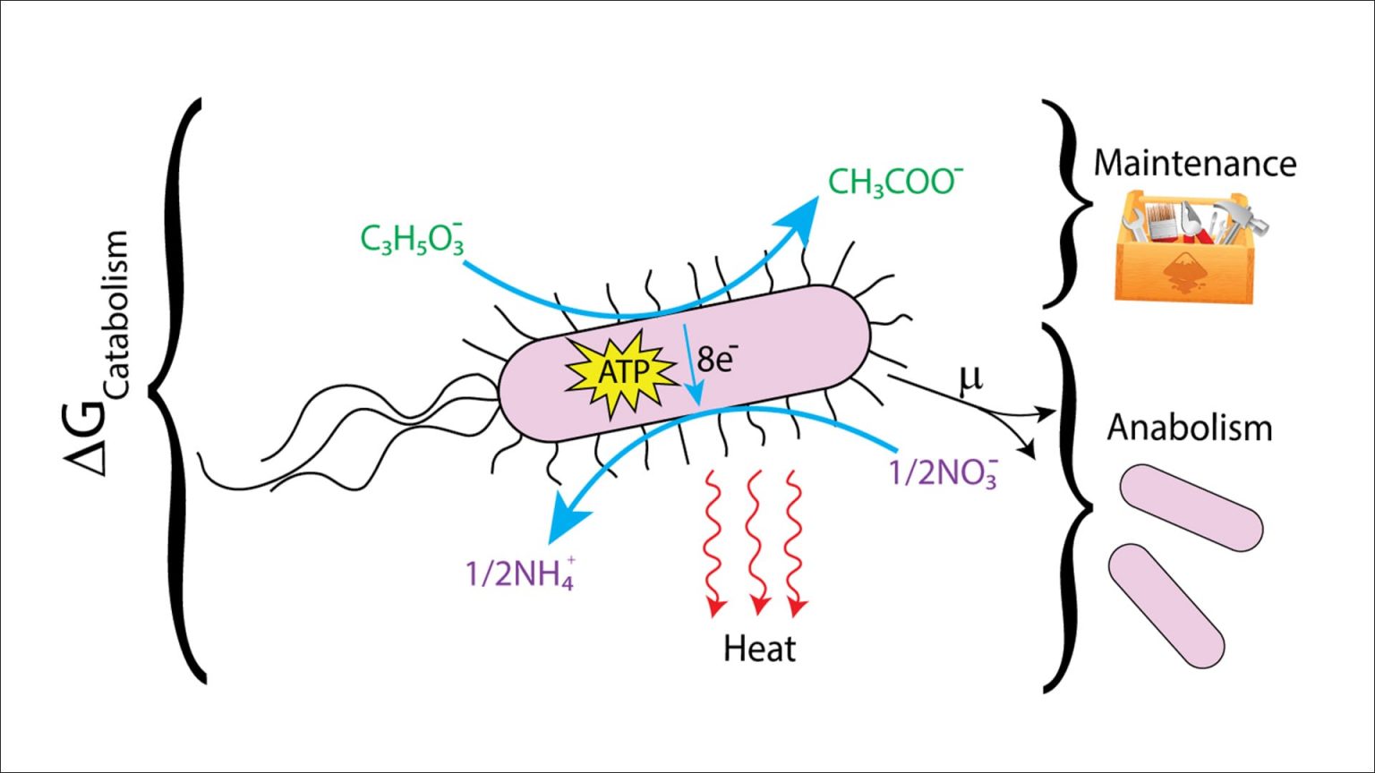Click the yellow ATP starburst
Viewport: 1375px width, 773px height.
pos(620,371)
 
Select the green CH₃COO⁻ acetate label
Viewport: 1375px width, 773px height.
pos(894,182)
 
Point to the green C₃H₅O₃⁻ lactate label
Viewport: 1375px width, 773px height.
pos(413,240)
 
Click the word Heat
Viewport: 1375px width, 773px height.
pos(759,649)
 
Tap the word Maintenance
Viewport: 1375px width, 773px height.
pos(1194,163)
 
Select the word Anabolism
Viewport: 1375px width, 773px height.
pos(1189,428)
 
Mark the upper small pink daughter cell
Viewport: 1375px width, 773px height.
pos(1191,507)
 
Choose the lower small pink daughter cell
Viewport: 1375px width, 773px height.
pos(1166,606)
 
